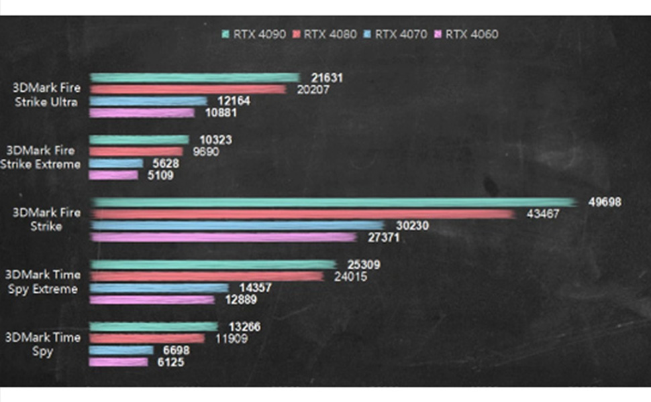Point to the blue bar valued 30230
[x=238, y=225]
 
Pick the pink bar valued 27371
[x=223, y=237]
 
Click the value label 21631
[x=327, y=78]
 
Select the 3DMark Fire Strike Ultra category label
[x=46, y=94]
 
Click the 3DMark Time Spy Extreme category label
[x=42, y=282]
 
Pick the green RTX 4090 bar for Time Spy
[x=154, y=326]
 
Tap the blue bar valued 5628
[x=116, y=163]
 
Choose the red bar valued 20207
[x=188, y=89]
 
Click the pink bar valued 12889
[x=152, y=300]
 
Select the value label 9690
[x=205, y=152]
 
